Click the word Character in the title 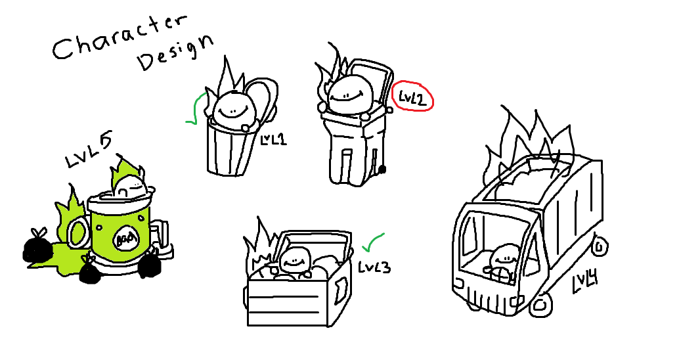click(x=120, y=37)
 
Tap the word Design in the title click(x=175, y=53)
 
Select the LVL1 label click(x=273, y=139)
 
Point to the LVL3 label click(x=374, y=267)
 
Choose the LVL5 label click(x=89, y=150)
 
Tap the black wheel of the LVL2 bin click(x=382, y=169)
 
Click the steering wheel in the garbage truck click(x=499, y=275)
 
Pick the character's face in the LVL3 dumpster click(x=295, y=261)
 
